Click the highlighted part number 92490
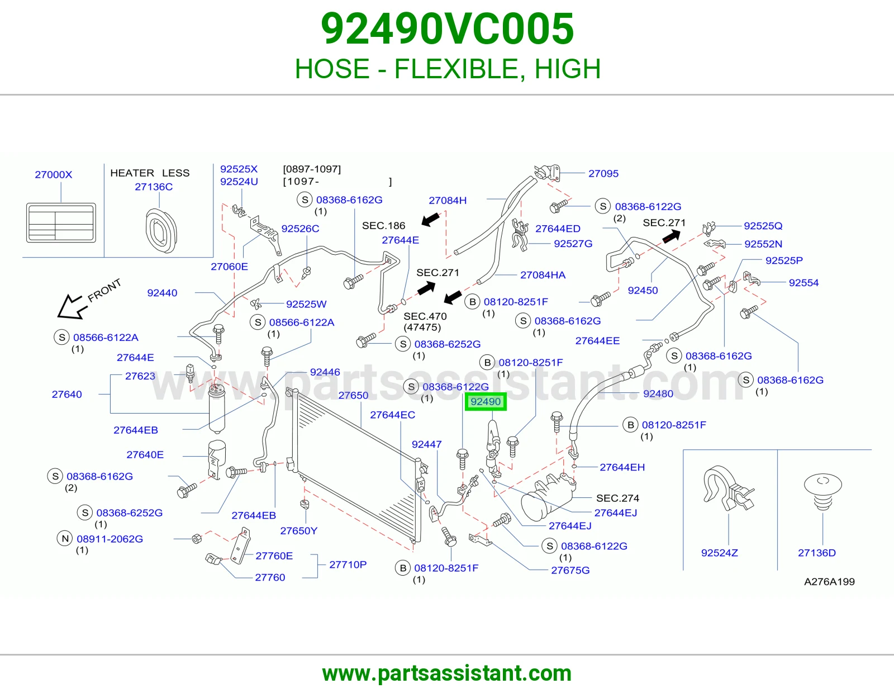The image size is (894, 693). pos(486,402)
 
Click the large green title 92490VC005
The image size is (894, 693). pos(447,29)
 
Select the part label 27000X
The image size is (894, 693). pos(54,174)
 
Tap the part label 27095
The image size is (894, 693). pos(603,173)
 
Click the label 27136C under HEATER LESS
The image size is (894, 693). pos(154,187)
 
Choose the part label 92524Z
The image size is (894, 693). pos(720,553)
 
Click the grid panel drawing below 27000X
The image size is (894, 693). pos(61,222)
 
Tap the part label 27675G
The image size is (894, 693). pos(570,570)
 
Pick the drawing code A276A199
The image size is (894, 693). pos(829,581)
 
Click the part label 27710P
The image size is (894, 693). pos(348,564)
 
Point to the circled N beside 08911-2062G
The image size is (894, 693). pos(65,538)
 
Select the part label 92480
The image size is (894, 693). pos(658,393)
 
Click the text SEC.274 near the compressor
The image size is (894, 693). pos(617,498)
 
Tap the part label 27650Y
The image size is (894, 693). pos(299,530)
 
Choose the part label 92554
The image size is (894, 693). pos(803,282)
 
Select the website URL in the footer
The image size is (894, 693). pos(447,673)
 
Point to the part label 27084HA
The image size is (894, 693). pos(543,275)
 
